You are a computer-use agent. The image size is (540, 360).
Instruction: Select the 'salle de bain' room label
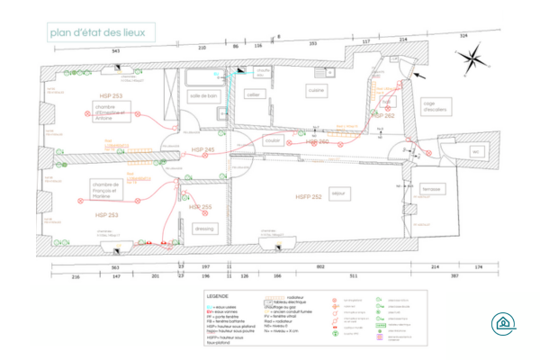(x=204, y=94)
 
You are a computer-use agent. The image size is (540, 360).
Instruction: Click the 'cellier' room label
(x=253, y=94)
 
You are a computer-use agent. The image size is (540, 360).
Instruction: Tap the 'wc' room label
(x=474, y=151)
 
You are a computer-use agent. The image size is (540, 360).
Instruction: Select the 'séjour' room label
(x=338, y=193)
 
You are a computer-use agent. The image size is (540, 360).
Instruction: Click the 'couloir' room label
(x=273, y=141)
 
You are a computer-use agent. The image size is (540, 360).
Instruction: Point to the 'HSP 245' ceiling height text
(x=202, y=149)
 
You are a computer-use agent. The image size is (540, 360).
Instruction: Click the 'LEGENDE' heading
(x=218, y=295)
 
